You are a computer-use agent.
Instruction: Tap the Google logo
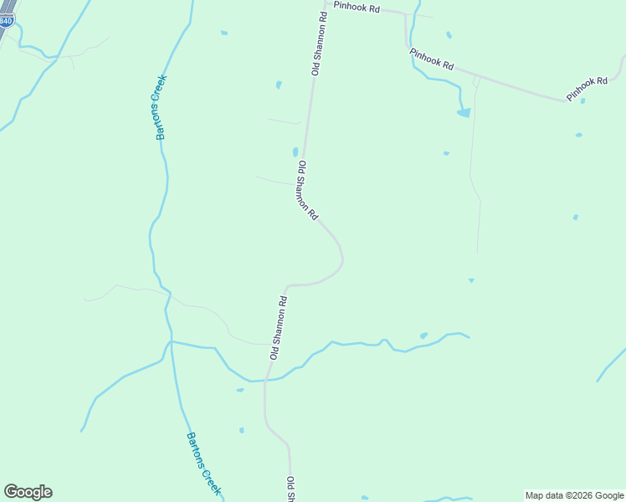(28, 492)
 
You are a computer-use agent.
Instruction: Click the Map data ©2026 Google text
(574, 495)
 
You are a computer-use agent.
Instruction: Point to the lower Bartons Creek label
(203, 464)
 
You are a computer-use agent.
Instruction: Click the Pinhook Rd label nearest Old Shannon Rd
(357, 7)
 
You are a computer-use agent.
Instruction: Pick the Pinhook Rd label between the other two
(432, 59)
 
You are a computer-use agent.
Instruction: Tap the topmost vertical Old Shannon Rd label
(318, 44)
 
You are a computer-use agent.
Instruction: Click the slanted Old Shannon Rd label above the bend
(307, 191)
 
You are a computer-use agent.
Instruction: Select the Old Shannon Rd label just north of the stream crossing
(279, 327)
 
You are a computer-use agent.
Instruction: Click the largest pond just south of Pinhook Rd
(464, 113)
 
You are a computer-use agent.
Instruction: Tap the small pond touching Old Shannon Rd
(295, 152)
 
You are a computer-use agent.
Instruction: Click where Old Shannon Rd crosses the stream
(265, 380)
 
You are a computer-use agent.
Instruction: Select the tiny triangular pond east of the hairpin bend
(471, 280)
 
